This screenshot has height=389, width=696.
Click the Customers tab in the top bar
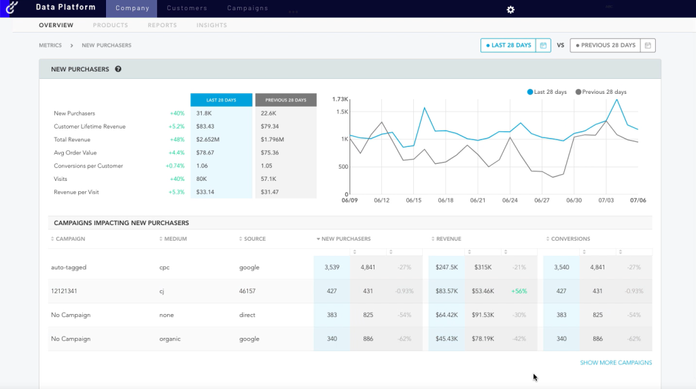[x=187, y=8]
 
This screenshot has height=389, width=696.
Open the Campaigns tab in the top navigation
[x=247, y=8]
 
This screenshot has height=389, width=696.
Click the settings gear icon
[x=510, y=10]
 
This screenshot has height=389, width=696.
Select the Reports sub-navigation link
[x=162, y=25]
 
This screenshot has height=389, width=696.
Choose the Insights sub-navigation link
[x=211, y=25]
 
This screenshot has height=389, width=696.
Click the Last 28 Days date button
[x=508, y=46]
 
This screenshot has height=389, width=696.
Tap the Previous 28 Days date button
[x=605, y=46]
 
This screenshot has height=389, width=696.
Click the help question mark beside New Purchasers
[x=118, y=69]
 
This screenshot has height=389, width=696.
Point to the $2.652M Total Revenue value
[x=207, y=139]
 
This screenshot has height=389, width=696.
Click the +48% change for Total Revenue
[x=177, y=139]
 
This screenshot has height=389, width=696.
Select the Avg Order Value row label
[x=76, y=152]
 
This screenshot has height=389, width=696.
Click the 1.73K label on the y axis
[x=340, y=99]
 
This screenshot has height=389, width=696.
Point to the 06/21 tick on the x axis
[x=477, y=201]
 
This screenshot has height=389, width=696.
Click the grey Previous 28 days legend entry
[x=601, y=92]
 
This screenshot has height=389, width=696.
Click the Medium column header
[x=175, y=239]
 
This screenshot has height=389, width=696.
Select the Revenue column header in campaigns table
[x=448, y=239]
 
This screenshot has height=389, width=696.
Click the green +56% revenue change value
[x=519, y=291]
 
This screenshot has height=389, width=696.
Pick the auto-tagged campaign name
[x=69, y=267]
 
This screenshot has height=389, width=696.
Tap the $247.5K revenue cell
[x=447, y=267]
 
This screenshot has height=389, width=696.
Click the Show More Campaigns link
[x=616, y=362]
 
